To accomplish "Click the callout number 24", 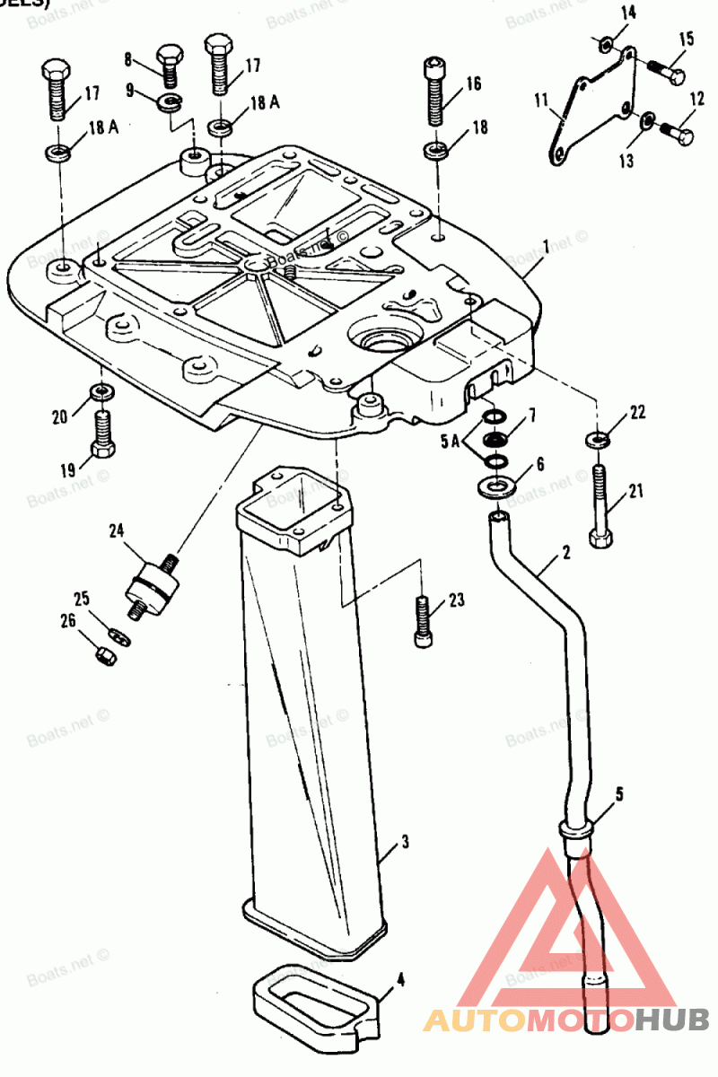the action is (116, 530).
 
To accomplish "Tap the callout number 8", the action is (128, 60).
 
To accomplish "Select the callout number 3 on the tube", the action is (406, 842).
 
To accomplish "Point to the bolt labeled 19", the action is (101, 434).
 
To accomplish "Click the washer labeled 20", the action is (101, 392).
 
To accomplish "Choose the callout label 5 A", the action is (451, 442).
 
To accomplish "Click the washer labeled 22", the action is (596, 440).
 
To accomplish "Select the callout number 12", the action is (697, 100).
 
